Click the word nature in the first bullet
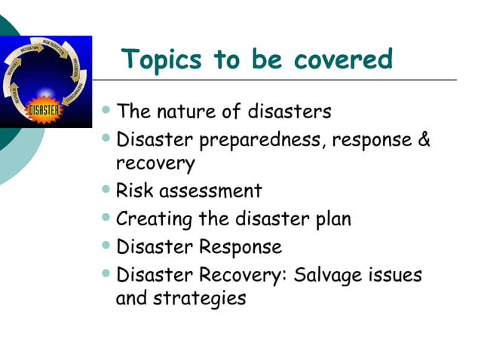tap(190, 112)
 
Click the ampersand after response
tap(422, 140)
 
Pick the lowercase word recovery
tap(155, 163)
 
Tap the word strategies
tap(200, 298)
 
